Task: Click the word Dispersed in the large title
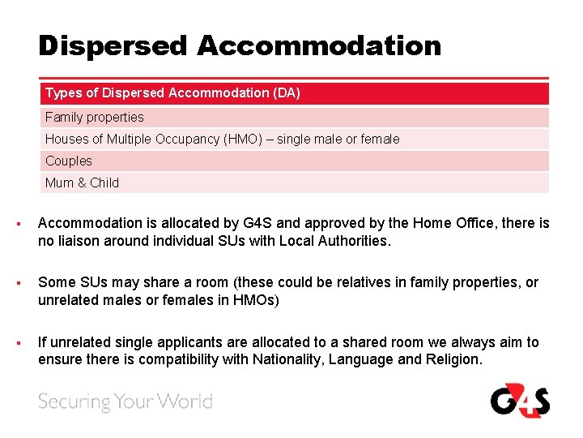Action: [x=112, y=45]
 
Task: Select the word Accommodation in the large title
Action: [x=318, y=45]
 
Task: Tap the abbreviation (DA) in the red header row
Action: [x=287, y=93]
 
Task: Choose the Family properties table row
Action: [x=95, y=117]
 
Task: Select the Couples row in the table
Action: [x=69, y=161]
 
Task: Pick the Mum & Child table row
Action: [x=82, y=182]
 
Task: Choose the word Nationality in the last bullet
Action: [x=288, y=360]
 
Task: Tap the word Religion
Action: [x=452, y=360]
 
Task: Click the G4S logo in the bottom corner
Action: [x=519, y=401]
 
